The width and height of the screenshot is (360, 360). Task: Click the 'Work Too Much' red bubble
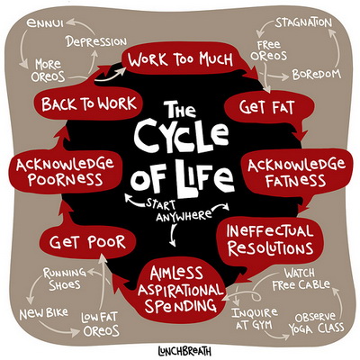click(181, 58)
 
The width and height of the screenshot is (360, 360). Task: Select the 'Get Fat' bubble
click(267, 107)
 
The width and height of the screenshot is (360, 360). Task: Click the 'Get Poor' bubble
click(87, 242)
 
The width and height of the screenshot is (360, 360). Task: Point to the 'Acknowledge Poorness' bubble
click(65, 172)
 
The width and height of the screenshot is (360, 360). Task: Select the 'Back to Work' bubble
click(88, 103)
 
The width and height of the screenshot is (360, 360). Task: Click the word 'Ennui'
click(45, 23)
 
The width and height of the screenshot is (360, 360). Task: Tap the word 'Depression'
click(96, 41)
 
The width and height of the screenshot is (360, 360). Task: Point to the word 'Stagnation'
click(303, 22)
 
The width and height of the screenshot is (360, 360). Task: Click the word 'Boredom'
click(317, 74)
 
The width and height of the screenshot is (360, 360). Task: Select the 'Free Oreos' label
click(269, 50)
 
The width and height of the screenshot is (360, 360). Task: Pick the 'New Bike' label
click(44, 314)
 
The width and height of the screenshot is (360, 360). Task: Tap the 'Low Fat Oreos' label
click(100, 324)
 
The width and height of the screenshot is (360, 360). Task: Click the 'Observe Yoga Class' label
click(316, 323)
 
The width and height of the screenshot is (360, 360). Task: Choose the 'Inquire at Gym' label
click(255, 319)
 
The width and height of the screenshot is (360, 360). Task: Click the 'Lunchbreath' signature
click(184, 351)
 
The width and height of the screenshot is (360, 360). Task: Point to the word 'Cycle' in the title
click(181, 136)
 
